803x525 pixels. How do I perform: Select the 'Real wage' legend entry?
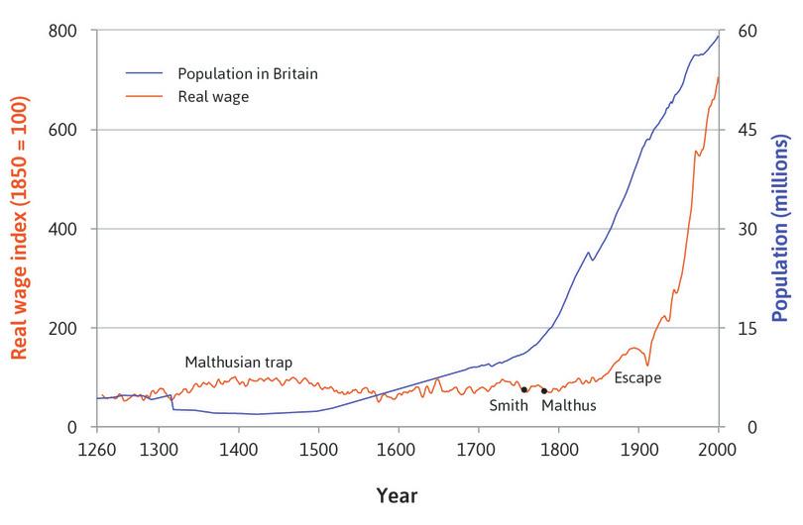point(212,97)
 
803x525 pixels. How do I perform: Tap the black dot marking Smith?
point(524,389)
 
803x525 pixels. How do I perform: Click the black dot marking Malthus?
point(544,391)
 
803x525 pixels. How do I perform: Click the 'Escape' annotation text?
point(637,377)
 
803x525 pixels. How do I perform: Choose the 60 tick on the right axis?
point(746,31)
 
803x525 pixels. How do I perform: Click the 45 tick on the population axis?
point(746,130)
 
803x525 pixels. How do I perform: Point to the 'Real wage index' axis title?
point(19,229)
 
